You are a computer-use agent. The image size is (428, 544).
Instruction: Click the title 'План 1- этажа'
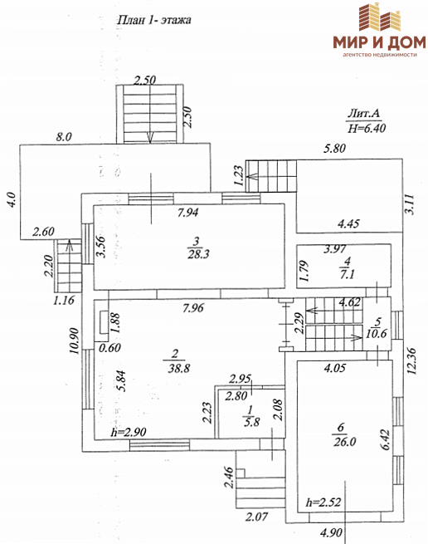tap(154, 20)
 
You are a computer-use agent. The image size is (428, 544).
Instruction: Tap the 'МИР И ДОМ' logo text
tap(379, 42)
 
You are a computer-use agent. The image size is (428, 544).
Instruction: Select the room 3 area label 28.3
tap(198, 254)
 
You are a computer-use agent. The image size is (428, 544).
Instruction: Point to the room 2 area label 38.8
tap(179, 368)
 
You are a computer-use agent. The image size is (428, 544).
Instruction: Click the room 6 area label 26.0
tap(345, 441)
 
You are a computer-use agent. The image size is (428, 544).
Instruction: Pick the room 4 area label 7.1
tap(347, 274)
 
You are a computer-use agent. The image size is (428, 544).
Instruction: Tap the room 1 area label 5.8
tap(251, 422)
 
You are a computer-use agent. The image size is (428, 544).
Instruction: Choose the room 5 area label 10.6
tap(377, 333)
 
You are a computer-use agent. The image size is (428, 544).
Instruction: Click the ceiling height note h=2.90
tap(129, 432)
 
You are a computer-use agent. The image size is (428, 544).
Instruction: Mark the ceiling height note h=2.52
tap(323, 502)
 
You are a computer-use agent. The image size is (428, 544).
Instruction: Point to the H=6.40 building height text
tap(367, 129)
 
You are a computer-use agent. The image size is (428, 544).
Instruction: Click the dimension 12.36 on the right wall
tap(411, 361)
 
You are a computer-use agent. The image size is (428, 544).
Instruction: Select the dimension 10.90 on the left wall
tap(75, 341)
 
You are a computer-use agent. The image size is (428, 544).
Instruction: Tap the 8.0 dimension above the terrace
tap(64, 137)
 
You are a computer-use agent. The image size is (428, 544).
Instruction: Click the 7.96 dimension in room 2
tap(193, 308)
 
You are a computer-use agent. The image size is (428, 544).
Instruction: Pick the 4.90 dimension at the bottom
tap(331, 532)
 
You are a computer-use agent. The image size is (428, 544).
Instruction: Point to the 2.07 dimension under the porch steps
tap(256, 517)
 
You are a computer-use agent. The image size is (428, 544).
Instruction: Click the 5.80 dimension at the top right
tap(334, 149)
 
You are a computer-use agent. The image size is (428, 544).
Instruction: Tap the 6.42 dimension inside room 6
tap(386, 439)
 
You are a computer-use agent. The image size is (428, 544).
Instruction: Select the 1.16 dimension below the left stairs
tap(63, 300)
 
